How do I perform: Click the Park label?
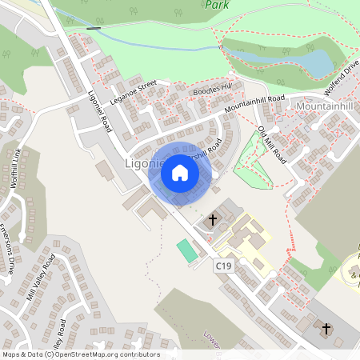(211, 5)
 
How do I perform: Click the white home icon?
(180, 171)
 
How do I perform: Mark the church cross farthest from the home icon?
(326, 329)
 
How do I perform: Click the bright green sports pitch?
(186, 250)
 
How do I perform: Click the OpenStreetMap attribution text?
(80, 354)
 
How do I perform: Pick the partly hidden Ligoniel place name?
(144, 164)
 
